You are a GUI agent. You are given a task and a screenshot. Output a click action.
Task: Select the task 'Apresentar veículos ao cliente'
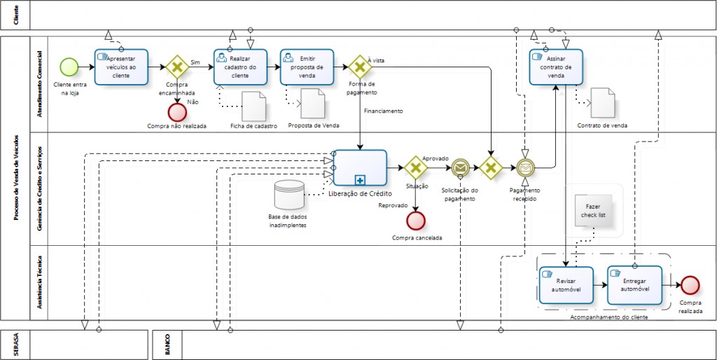click(x=120, y=67)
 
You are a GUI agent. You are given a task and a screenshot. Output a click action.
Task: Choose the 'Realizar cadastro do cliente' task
click(x=241, y=67)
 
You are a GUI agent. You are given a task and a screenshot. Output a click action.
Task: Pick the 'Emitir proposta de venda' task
click(x=307, y=67)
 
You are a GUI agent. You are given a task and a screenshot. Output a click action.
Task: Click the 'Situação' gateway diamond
click(x=416, y=168)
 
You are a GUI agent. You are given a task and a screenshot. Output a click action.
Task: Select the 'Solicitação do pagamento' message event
click(x=460, y=168)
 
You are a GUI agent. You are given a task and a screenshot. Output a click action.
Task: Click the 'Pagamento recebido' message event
click(x=524, y=168)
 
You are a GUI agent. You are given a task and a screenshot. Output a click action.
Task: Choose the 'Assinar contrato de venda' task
click(x=556, y=67)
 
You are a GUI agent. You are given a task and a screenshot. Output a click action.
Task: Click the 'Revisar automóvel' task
click(x=566, y=285)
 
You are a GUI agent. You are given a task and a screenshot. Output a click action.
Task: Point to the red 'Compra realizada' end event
click(x=690, y=284)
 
